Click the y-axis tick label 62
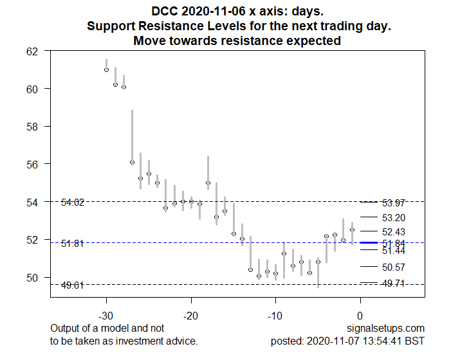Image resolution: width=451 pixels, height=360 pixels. [32, 51]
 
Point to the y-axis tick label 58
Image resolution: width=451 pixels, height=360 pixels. [32, 127]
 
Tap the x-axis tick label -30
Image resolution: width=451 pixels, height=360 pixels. [106, 316]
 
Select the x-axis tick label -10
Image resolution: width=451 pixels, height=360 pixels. [275, 316]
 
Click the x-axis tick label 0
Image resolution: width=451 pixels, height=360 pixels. [360, 316]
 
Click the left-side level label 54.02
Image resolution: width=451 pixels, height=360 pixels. [73, 203]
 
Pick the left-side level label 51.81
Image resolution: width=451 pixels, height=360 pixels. [73, 244]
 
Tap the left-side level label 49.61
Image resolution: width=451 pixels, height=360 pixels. [73, 285]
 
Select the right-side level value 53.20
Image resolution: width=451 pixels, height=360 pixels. [393, 218]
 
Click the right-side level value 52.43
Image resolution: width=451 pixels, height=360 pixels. [393, 231]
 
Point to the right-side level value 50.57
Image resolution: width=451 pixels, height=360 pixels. [393, 267]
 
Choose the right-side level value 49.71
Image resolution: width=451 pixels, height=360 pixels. [393, 283]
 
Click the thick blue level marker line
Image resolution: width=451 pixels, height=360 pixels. [368, 243]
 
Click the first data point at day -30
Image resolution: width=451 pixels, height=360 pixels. [106, 69]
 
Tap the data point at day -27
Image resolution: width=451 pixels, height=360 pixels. [132, 163]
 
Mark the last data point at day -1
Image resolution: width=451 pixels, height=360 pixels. [352, 230]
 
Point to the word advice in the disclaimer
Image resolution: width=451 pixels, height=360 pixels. [181, 341]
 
